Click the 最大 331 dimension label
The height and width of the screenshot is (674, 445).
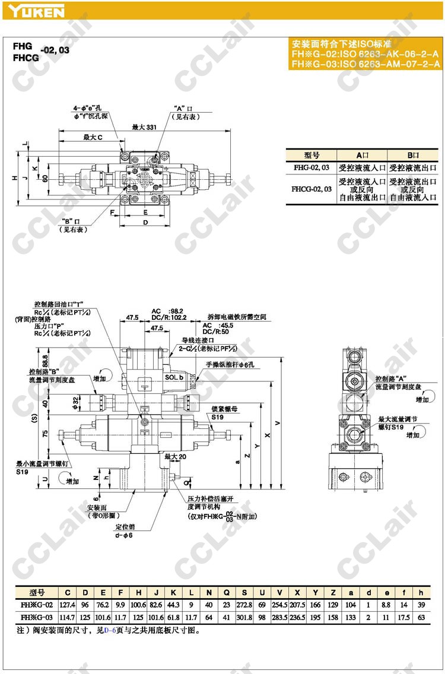[x=144, y=127]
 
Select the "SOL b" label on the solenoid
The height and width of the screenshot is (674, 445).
[x=174, y=377]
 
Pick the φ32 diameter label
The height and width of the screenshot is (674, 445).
[x=75, y=403]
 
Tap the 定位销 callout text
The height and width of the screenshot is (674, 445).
[x=125, y=526]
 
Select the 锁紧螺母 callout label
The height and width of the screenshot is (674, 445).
[x=223, y=411]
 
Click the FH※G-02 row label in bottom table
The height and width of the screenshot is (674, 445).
[x=37, y=604]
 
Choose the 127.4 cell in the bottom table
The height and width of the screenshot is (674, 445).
[x=68, y=604]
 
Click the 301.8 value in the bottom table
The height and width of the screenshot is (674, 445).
[x=243, y=617]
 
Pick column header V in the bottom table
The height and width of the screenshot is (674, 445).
[x=279, y=592]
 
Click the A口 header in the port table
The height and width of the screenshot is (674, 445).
[x=363, y=154]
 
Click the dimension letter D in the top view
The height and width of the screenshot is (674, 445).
[x=145, y=222]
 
